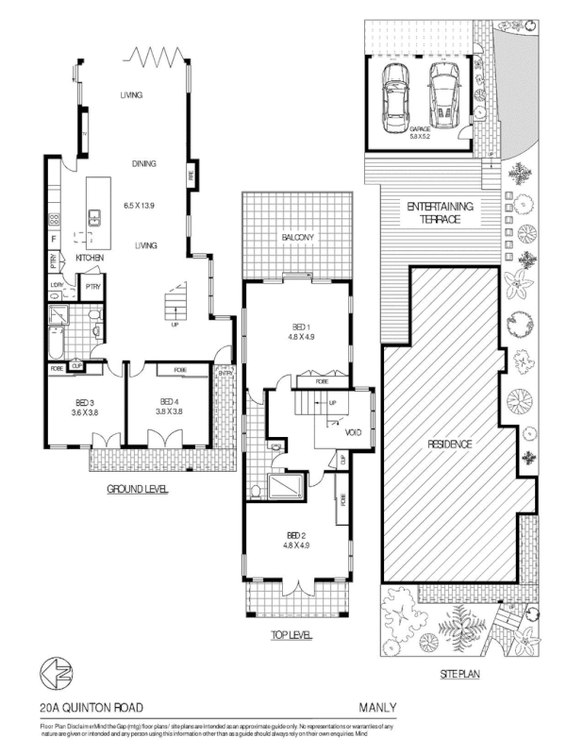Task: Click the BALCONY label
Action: click(x=297, y=237)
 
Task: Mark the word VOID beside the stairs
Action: click(x=354, y=432)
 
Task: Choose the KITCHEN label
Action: click(x=91, y=258)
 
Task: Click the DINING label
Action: click(x=143, y=163)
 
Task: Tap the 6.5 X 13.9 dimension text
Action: click(x=143, y=204)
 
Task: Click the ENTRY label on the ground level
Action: click(x=225, y=374)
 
